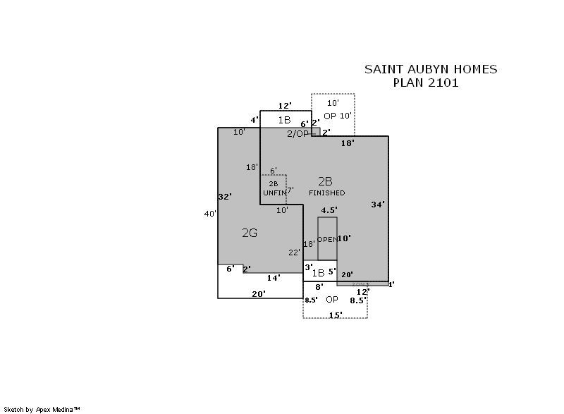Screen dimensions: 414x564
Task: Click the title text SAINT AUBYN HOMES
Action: [x=430, y=69]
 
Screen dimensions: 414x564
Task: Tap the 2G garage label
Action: [x=250, y=233]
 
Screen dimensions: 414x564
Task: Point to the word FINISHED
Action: [x=327, y=193]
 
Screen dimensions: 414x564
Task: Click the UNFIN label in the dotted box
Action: [x=274, y=193]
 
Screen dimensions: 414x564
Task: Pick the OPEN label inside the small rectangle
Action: [x=326, y=240]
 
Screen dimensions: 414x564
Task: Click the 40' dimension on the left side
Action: [x=209, y=214]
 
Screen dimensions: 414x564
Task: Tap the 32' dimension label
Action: [x=225, y=197]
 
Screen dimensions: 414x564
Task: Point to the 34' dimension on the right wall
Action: [x=379, y=205]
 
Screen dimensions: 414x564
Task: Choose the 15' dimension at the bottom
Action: [x=336, y=315]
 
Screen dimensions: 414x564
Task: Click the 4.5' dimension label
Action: [x=329, y=210]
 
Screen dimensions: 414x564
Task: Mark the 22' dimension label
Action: [x=294, y=252]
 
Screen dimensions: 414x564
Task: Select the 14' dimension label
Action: [x=274, y=278]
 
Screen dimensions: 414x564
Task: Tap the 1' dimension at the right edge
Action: [x=391, y=284]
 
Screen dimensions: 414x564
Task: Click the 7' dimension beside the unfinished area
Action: [x=289, y=190]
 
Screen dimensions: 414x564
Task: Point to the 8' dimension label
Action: [x=319, y=287]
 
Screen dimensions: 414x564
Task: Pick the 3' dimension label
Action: [x=308, y=267]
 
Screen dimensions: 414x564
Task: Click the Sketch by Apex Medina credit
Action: [x=42, y=409]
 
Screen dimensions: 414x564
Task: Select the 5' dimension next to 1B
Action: [x=331, y=271]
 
